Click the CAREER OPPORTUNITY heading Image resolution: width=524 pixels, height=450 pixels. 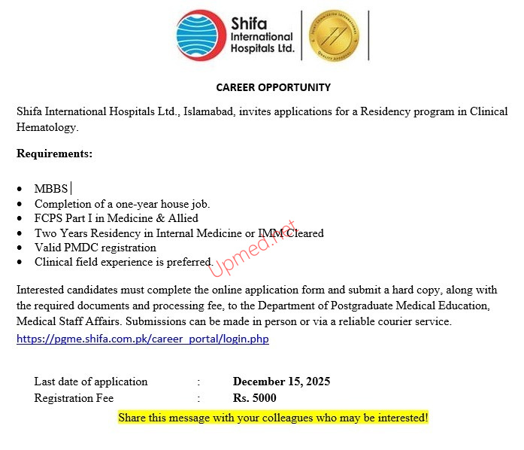pyautogui.click(x=273, y=87)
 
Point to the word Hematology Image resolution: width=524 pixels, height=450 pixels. pyautogui.click(x=47, y=127)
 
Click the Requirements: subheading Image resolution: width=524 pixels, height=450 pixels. pyautogui.click(x=55, y=154)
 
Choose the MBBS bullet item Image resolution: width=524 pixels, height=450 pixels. pyautogui.click(x=51, y=189)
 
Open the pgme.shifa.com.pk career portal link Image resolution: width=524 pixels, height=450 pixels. pyautogui.click(x=143, y=339)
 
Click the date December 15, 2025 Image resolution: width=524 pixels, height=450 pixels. pyautogui.click(x=281, y=382)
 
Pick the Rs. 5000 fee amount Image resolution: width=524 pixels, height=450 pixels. pyautogui.click(x=255, y=398)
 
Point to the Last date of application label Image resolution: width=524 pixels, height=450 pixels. pyautogui.click(x=91, y=382)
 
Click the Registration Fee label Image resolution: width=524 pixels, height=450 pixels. pyautogui.click(x=74, y=398)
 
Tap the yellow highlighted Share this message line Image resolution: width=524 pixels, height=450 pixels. pyautogui.click(x=273, y=417)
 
